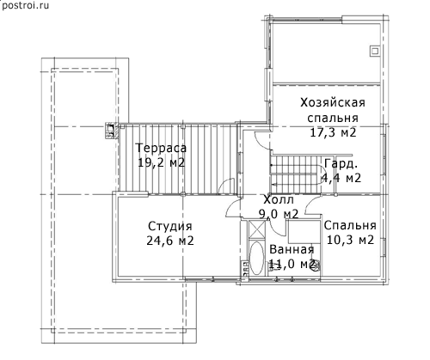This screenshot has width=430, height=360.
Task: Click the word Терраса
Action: (161, 148)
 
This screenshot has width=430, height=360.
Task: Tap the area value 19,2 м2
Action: (161, 162)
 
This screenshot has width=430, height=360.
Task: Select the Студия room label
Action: (170, 226)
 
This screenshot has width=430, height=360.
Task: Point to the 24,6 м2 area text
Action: (170, 241)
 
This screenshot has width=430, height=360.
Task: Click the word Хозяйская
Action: (333, 102)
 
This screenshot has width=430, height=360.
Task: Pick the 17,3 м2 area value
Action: (333, 132)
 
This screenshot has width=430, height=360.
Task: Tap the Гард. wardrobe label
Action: (341, 164)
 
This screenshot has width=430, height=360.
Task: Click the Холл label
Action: (279, 199)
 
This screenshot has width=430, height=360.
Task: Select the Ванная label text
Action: (292, 249)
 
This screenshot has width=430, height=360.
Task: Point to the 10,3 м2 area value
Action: (350, 240)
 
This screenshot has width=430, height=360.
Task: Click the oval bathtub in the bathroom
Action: (256, 259)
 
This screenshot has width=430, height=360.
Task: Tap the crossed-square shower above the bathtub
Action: (257, 229)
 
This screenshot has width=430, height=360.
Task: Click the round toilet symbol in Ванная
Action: (316, 266)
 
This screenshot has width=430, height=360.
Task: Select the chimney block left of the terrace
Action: (111, 131)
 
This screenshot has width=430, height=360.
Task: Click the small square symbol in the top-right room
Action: (375, 51)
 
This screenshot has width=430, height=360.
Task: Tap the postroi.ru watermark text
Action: (25, 5)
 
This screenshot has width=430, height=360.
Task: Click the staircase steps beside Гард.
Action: (295, 174)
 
